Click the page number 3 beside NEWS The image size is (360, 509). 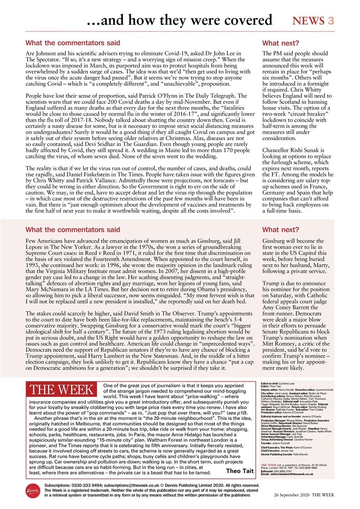click(331, 21)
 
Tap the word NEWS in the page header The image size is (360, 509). click(309, 21)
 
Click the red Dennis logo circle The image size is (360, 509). click(33, 491)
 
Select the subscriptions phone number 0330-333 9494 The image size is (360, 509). click(86, 486)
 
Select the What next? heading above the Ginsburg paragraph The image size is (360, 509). click(280, 229)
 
